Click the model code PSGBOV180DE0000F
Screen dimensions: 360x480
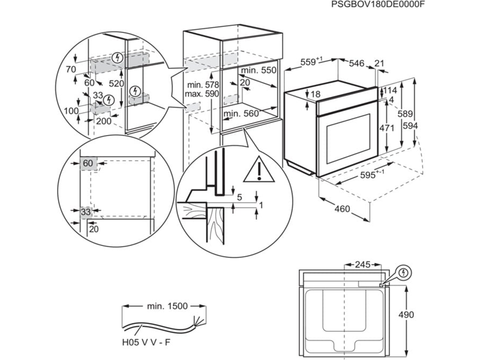pos(378,5)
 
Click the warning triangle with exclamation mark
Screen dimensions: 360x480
pos(257,170)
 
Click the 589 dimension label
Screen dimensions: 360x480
pos(407,114)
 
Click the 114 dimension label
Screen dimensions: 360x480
pos(390,91)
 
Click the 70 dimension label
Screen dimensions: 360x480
pos(71,70)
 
